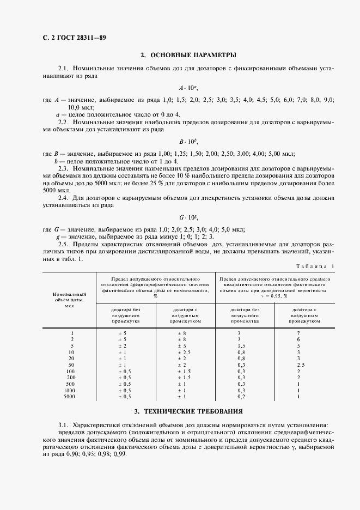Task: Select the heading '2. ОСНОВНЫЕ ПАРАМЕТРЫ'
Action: tap(188, 56)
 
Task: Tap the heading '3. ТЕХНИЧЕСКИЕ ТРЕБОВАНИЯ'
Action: tap(188, 411)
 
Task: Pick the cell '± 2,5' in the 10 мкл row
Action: tap(186, 352)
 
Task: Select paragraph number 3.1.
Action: tap(64, 423)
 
